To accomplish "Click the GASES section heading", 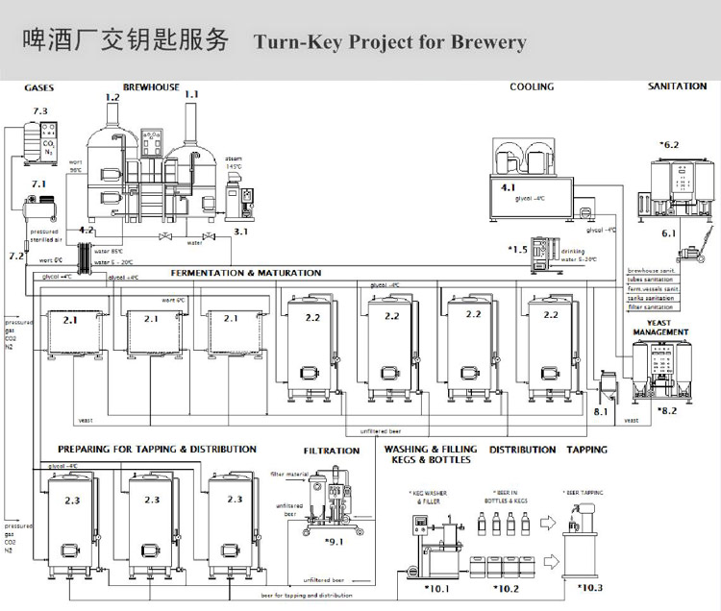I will pyautogui.click(x=38, y=87).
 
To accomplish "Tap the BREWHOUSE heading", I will pyautogui.click(x=151, y=87).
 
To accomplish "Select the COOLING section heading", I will pyautogui.click(x=532, y=86).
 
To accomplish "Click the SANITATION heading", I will pyautogui.click(x=677, y=86).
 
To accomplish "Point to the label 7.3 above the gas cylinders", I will pyautogui.click(x=39, y=111).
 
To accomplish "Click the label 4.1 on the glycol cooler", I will pyautogui.click(x=509, y=187).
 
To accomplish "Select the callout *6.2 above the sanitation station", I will pyautogui.click(x=668, y=145).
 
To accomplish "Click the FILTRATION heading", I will pyautogui.click(x=332, y=451).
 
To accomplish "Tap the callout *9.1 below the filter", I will pyautogui.click(x=334, y=543).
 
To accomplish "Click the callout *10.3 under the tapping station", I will pyautogui.click(x=589, y=588).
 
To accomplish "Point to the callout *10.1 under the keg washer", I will pyautogui.click(x=435, y=588).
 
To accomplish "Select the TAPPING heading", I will pyautogui.click(x=586, y=450).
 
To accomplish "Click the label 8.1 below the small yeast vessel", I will pyautogui.click(x=601, y=411).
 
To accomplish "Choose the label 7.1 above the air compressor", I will pyautogui.click(x=39, y=183).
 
